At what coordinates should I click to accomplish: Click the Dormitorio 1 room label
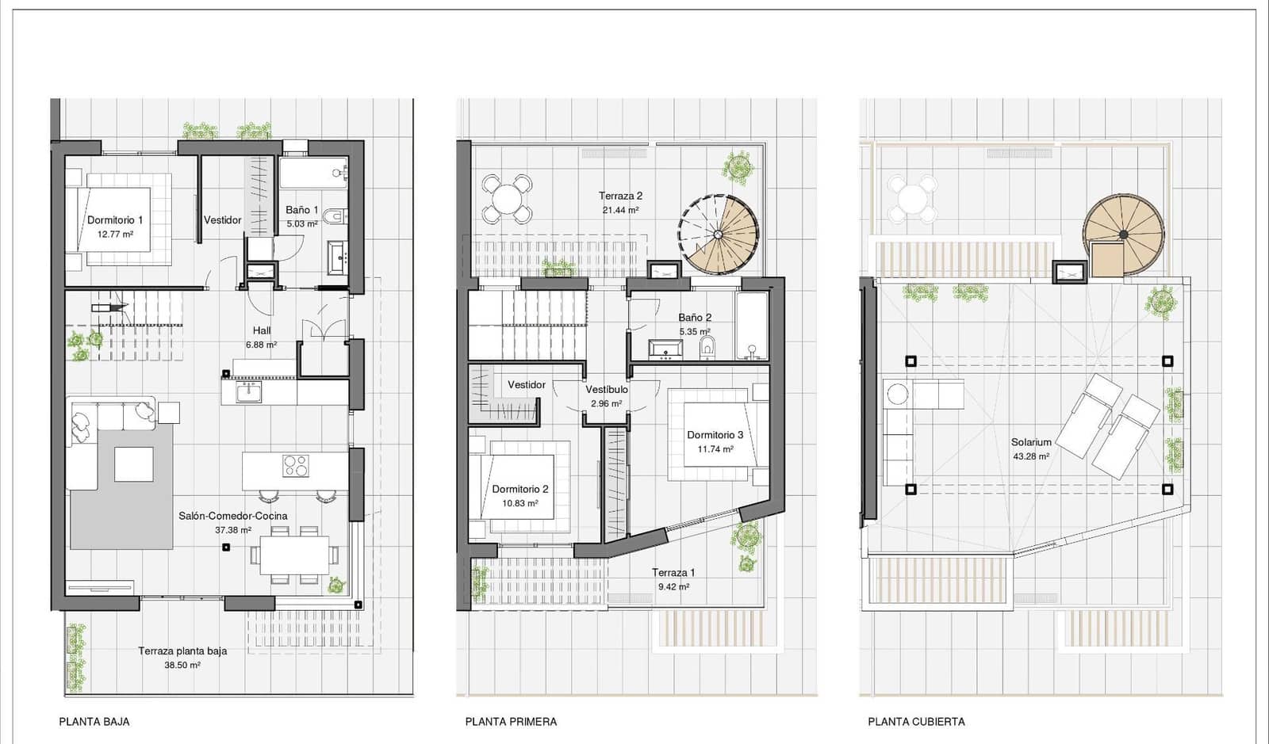pyautogui.click(x=115, y=220)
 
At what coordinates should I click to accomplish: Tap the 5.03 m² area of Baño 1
pyautogui.click(x=301, y=224)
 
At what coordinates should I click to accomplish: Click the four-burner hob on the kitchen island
pyautogui.click(x=296, y=465)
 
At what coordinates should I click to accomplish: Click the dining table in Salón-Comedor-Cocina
pyautogui.click(x=294, y=555)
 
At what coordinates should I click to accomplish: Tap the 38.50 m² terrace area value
pyautogui.click(x=182, y=666)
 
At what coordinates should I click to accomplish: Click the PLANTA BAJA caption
pyautogui.click(x=94, y=722)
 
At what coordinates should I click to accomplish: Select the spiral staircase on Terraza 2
pyautogui.click(x=719, y=235)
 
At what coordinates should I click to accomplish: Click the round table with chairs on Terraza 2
pyautogui.click(x=507, y=198)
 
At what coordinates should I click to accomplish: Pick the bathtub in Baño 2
pyautogui.click(x=751, y=326)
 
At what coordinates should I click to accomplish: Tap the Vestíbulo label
pyautogui.click(x=607, y=390)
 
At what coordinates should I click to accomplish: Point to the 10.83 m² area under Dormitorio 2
pyautogui.click(x=519, y=504)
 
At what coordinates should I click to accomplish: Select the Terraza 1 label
pyautogui.click(x=673, y=573)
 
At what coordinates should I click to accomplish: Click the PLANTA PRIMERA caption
pyautogui.click(x=511, y=722)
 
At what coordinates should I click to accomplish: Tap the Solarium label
pyautogui.click(x=1031, y=443)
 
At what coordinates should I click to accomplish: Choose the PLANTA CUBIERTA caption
pyautogui.click(x=916, y=722)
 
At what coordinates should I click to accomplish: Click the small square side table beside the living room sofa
pyautogui.click(x=168, y=412)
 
